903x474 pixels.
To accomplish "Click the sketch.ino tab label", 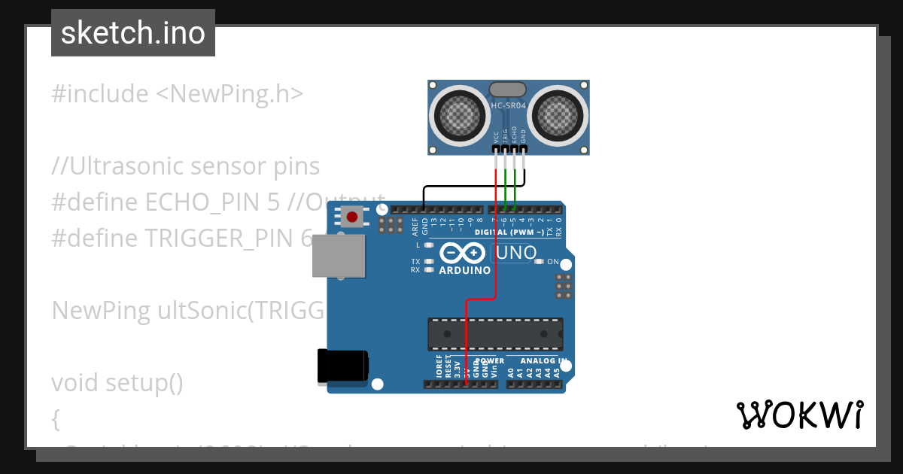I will [x=132, y=33].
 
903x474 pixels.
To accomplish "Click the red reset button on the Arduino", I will [x=351, y=217].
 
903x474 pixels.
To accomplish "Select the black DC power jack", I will [x=342, y=366].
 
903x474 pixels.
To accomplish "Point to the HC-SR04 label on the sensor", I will [x=509, y=106].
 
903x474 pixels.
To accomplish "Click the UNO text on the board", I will [x=516, y=253].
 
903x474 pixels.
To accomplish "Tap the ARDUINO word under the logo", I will [x=464, y=270].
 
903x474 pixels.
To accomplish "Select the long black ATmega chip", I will [x=495, y=333].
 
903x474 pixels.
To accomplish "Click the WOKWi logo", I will [x=799, y=415].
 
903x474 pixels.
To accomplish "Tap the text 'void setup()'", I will [x=117, y=383].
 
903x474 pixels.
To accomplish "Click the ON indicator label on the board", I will [x=553, y=262].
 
